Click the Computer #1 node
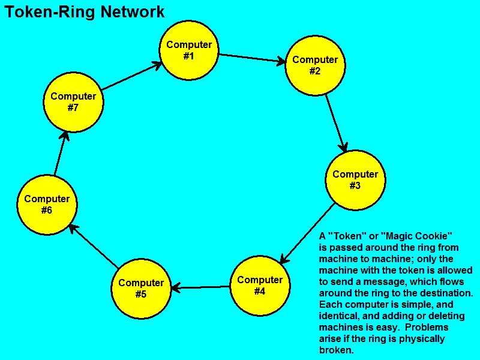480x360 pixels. click(189, 50)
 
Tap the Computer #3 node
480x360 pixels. click(355, 180)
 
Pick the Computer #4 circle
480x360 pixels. click(260, 286)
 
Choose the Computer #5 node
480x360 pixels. click(141, 289)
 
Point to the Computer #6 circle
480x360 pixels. click(47, 205)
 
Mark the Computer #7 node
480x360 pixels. click(73, 102)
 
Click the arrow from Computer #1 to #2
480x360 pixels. click(252, 58)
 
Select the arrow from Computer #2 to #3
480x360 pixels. click(337, 122)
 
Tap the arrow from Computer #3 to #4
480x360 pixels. click(307, 235)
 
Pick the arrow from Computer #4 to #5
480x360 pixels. click(200, 288)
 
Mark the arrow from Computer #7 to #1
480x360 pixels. click(131, 76)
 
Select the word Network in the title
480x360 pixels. click(133, 12)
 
